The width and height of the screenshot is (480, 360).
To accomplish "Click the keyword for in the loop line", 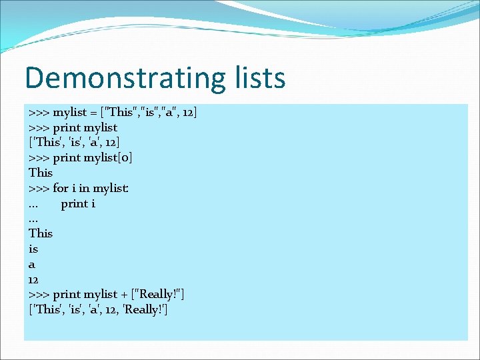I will pyautogui.click(x=60, y=188).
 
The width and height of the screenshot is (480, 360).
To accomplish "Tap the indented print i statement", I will pyautogui.click(x=78, y=203).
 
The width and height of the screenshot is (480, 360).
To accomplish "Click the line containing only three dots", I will pyautogui.click(x=34, y=219).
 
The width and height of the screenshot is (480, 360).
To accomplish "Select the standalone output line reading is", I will pyautogui.click(x=33, y=249).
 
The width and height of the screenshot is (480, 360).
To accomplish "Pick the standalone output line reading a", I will pyautogui.click(x=32, y=264).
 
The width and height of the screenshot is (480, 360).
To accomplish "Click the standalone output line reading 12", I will pyautogui.click(x=34, y=279).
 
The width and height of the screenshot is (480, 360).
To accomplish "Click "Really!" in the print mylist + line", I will pyautogui.click(x=160, y=294).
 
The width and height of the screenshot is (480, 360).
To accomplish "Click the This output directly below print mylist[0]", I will pyautogui.click(x=41, y=173).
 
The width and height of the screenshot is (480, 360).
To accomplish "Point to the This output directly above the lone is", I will pyautogui.click(x=41, y=233).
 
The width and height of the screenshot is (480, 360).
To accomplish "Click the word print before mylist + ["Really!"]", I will pyautogui.click(x=66, y=294).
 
